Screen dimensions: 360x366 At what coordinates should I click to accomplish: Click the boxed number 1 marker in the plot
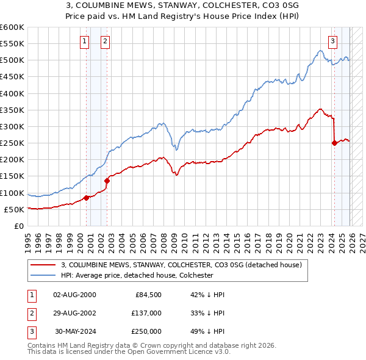[84, 41]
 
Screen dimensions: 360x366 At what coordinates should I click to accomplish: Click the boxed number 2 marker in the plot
[106, 41]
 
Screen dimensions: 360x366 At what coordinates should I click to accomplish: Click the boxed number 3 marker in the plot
[332, 41]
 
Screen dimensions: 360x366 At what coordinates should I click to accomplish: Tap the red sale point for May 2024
[334, 143]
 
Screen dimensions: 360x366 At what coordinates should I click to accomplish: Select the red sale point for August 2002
[107, 181]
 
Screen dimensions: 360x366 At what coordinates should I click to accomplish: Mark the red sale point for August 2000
[86, 198]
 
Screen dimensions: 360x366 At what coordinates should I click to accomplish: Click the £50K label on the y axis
[13, 209]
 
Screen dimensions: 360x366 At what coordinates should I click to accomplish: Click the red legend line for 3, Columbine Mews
[43, 265]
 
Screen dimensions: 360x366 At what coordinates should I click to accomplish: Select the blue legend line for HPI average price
[43, 276]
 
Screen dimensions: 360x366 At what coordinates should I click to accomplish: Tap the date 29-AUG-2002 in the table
[74, 313]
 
